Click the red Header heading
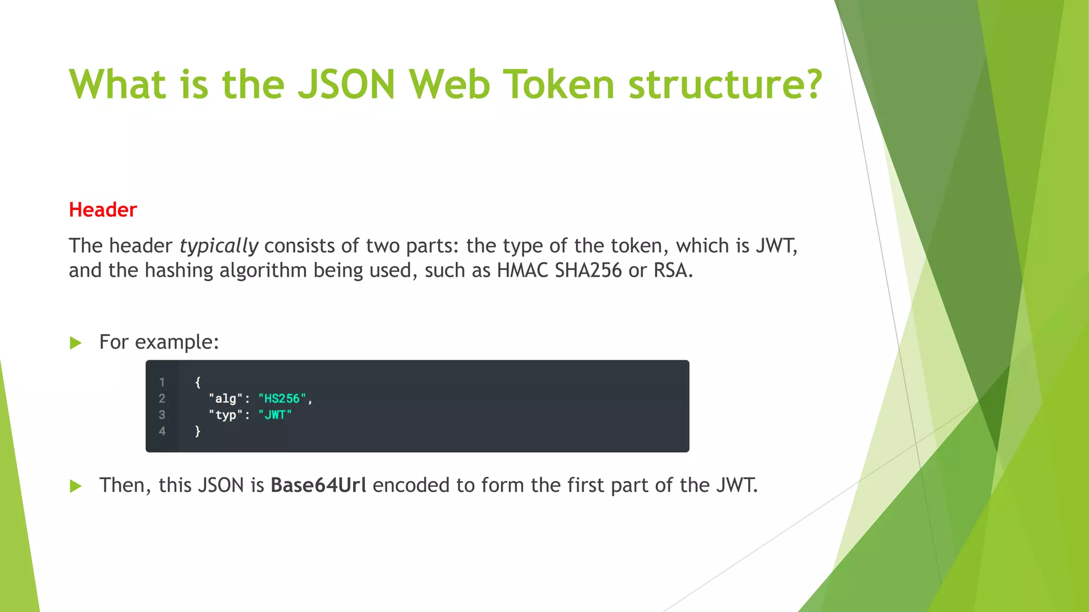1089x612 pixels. pos(103,210)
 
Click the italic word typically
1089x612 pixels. pos(219,246)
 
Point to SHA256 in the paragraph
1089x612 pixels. pos(588,270)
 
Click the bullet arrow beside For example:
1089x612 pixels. pos(76,343)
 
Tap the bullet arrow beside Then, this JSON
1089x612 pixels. pos(76,486)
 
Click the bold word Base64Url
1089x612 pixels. pos(318,485)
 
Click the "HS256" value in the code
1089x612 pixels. pos(282,398)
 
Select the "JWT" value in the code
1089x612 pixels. pos(275,415)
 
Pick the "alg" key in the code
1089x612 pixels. pos(225,398)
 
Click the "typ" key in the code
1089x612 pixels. pos(225,415)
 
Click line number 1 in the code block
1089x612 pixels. pos(162,382)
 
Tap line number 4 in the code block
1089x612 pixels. pos(162,431)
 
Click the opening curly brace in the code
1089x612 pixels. pos(198,382)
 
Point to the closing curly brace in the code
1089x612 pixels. pos(198,431)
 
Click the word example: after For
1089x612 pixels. pos(177,342)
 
